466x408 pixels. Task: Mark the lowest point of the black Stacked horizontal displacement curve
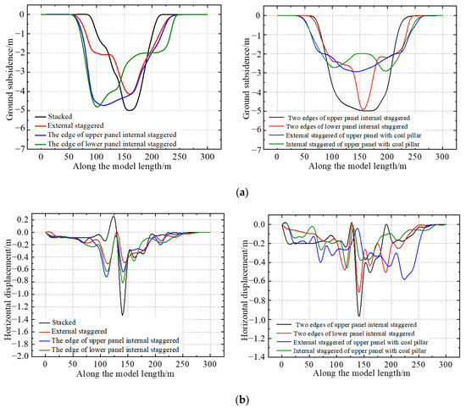[x=122, y=315]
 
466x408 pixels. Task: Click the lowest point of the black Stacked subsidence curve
[x=130, y=110]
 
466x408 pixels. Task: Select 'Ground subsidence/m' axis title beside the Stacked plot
[x=8, y=81]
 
